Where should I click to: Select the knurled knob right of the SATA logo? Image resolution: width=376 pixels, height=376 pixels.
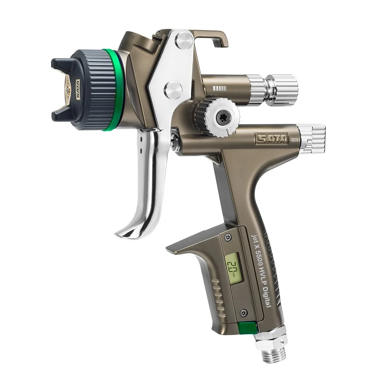[x=312, y=139]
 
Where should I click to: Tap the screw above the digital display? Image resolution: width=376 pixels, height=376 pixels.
[x=227, y=238]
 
